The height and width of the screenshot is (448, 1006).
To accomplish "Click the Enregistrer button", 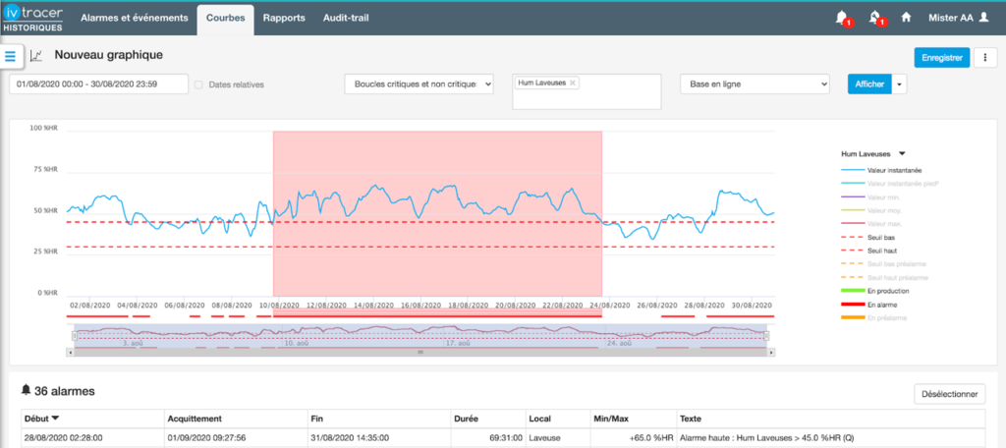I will tap(941, 58).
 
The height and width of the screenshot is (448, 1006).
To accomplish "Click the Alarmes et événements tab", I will tap(135, 18).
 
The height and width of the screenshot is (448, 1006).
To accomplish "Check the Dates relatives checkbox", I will tap(199, 84).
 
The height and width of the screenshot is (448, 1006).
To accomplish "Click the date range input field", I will tap(98, 84).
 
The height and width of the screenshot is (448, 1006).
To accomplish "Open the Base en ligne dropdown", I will tap(754, 84).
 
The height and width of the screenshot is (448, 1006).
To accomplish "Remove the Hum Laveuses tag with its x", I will tap(574, 84).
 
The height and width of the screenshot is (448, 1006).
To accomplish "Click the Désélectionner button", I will tap(949, 394).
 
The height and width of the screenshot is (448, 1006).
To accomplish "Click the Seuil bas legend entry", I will tap(881, 238).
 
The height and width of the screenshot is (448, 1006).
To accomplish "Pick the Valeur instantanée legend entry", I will tap(894, 171).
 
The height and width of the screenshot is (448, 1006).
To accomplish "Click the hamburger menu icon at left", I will tap(11, 57).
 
